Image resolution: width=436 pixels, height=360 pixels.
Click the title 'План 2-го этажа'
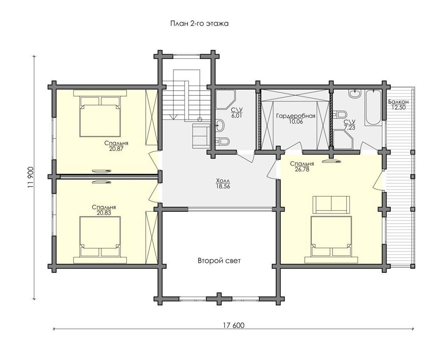coord(200,24)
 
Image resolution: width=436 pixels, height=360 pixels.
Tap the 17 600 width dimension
coord(233,325)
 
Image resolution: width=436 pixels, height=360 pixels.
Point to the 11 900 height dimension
coord(31,177)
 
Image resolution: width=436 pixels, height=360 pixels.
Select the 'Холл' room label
coord(223,181)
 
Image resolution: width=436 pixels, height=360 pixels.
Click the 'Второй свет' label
coord(219,261)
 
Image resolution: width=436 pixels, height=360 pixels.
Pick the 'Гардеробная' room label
coord(296,116)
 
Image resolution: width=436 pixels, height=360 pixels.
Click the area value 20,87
coord(116,149)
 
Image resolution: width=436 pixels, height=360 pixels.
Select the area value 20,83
coord(104,213)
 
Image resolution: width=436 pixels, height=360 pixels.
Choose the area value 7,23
coord(350,127)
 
